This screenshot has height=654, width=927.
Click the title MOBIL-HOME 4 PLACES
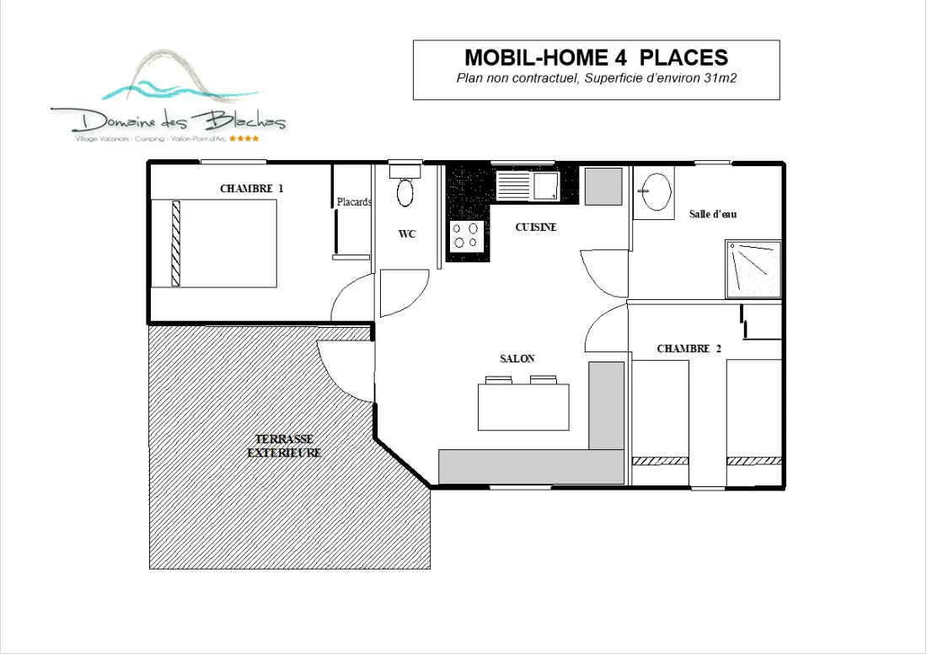(x=596, y=57)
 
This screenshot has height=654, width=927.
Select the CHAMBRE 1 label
(x=251, y=189)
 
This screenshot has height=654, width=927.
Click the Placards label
(x=354, y=201)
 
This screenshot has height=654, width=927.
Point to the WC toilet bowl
(x=405, y=192)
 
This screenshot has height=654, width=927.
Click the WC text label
(x=407, y=234)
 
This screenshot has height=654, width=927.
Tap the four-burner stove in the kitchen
(x=467, y=235)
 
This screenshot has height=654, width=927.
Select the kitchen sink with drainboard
(x=528, y=185)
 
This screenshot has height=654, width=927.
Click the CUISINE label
(x=536, y=227)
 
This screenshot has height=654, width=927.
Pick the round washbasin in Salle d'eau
(x=655, y=191)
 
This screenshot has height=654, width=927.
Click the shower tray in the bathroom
(x=753, y=269)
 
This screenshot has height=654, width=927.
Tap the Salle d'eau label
(x=713, y=214)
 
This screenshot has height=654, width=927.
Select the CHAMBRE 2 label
(x=689, y=349)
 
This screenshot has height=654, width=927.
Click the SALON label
(x=517, y=358)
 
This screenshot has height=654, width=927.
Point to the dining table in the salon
(x=523, y=407)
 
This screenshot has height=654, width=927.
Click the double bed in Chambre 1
(x=214, y=244)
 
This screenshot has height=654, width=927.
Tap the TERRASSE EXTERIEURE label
(x=284, y=446)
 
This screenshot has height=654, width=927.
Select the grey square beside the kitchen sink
(x=603, y=186)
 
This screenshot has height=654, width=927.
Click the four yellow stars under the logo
(x=244, y=139)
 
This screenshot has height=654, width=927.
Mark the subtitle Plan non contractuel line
(x=596, y=78)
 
